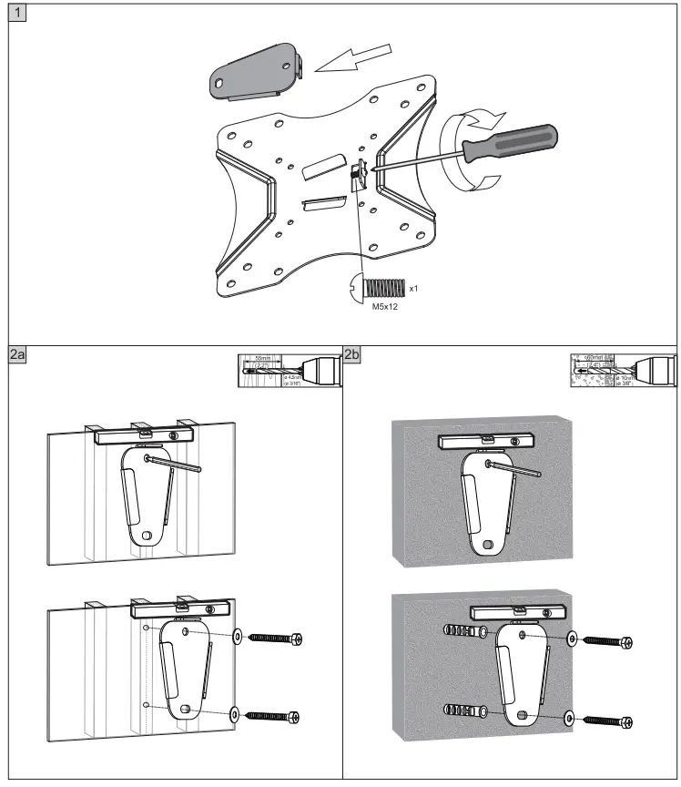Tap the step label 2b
[352, 356]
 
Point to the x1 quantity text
[412, 288]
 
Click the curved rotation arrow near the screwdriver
[464, 150]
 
